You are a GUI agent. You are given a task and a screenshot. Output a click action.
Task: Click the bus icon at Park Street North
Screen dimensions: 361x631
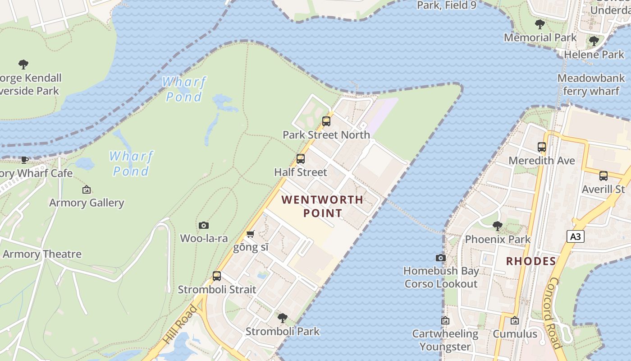click(x=326, y=121)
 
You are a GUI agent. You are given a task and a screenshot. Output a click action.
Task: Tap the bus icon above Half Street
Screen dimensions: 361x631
click(x=301, y=159)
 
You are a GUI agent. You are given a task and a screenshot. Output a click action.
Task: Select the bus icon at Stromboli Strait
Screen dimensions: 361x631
click(x=217, y=276)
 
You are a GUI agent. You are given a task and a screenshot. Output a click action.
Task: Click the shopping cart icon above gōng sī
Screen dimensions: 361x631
click(x=251, y=234)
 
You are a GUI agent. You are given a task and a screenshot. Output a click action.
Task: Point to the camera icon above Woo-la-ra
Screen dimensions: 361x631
click(x=204, y=225)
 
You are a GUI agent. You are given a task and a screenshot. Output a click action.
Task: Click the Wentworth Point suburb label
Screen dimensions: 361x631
click(x=322, y=206)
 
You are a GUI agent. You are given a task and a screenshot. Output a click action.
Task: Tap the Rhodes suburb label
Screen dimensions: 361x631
click(x=531, y=261)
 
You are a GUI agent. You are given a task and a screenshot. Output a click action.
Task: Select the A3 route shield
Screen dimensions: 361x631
click(x=576, y=236)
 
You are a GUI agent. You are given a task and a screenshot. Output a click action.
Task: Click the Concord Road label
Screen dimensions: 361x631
click(x=554, y=314)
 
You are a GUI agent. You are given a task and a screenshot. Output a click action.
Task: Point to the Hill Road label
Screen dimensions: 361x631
click(x=181, y=324)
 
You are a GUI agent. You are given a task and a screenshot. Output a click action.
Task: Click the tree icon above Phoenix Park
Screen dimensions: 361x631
click(x=498, y=226)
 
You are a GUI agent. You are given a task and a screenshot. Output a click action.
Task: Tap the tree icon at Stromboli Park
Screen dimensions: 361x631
click(x=283, y=318)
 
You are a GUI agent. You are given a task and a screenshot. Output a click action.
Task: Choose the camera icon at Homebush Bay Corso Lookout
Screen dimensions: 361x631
click(x=441, y=258)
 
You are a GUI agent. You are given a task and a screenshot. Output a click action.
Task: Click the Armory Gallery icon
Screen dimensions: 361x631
click(x=87, y=190)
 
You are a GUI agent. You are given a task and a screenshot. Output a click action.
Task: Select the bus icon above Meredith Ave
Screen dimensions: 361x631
click(x=542, y=147)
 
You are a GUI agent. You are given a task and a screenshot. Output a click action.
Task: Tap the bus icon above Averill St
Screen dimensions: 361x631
click(x=604, y=176)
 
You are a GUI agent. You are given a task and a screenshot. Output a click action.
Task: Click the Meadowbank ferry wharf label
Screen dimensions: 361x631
click(x=591, y=85)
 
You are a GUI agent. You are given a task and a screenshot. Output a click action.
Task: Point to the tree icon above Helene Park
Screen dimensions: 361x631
click(x=594, y=41)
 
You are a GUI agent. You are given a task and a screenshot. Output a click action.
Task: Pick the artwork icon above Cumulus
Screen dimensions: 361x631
click(x=515, y=321)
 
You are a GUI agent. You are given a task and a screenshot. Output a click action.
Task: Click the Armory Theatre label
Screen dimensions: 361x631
click(x=42, y=254)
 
